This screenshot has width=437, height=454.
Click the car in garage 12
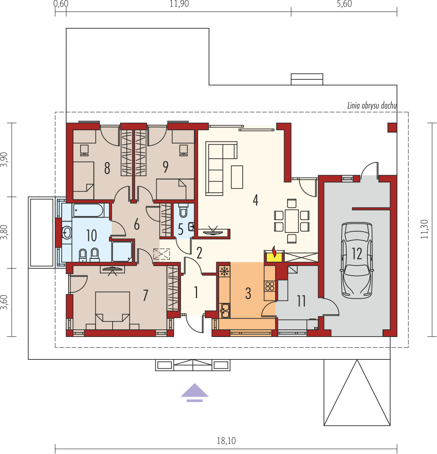356,260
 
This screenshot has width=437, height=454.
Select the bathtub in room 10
88,210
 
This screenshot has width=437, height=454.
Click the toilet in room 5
183,210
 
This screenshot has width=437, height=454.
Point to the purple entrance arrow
195,392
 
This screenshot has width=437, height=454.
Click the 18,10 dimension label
226,441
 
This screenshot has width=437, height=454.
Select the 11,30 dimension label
424,229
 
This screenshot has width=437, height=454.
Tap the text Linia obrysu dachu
372,106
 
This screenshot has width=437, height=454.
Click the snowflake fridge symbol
224,271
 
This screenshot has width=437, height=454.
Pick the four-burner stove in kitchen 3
270,286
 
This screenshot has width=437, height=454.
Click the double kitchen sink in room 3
225,310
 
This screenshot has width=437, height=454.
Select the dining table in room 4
292,221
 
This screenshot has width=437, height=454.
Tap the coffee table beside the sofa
237,177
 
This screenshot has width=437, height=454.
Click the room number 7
145,295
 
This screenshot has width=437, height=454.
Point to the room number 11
301,301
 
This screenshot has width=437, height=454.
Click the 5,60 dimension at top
344,4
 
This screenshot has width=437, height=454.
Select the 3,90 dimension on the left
4,159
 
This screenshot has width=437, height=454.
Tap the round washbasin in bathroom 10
67,232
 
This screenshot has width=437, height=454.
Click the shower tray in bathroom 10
122,251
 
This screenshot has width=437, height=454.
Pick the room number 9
165,167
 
